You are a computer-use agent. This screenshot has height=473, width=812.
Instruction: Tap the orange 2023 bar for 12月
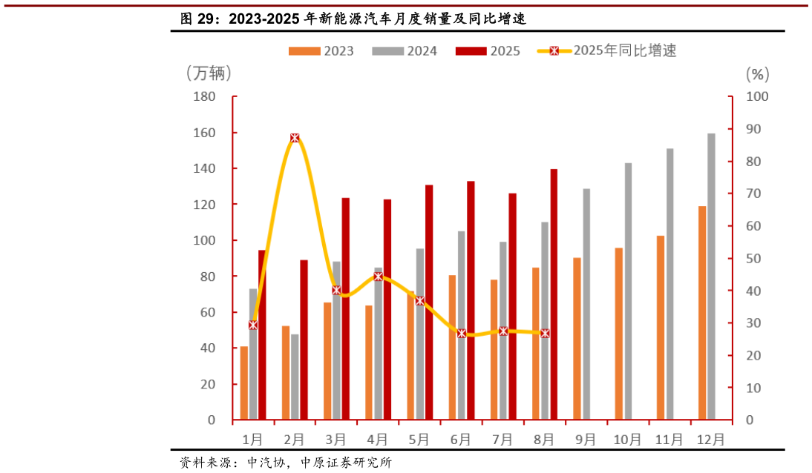(702, 312)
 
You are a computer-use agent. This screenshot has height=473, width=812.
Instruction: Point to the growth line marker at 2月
(295, 138)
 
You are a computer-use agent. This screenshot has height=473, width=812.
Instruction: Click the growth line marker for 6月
(461, 334)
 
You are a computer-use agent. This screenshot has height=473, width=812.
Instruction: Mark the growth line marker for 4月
(378, 277)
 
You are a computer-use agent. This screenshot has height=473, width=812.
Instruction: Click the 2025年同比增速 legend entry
(608, 51)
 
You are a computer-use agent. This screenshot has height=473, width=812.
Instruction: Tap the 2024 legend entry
(405, 51)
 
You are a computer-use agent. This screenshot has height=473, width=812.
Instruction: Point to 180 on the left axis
(204, 97)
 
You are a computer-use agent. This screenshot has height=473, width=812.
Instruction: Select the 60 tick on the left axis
(207, 312)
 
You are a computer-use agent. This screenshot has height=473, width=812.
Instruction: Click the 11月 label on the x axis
(669, 439)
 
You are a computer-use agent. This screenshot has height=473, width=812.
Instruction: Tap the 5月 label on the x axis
(419, 439)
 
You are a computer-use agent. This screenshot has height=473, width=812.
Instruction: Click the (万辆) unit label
(209, 73)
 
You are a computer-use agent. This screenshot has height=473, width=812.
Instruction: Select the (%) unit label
(757, 73)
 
